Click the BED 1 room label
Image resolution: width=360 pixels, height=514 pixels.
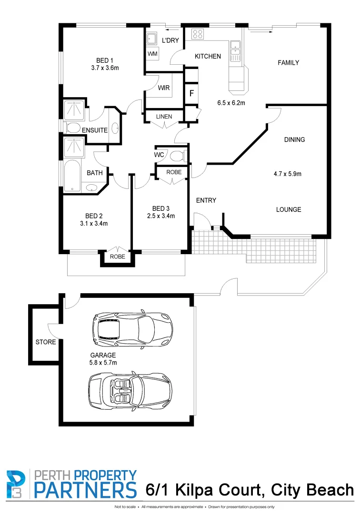click(x=104, y=60)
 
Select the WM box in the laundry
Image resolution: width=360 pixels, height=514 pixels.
click(x=152, y=54)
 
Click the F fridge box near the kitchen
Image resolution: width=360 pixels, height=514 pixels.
click(x=191, y=93)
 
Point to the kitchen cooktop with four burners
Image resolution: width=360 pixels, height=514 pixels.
click(x=197, y=34)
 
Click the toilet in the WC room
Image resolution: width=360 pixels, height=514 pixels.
click(x=178, y=156)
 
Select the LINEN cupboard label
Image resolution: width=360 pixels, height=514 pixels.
click(x=164, y=117)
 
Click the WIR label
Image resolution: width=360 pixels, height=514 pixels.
click(x=164, y=88)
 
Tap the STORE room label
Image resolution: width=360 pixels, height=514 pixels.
click(x=46, y=342)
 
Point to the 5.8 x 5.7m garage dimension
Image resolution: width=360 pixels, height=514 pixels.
click(x=103, y=363)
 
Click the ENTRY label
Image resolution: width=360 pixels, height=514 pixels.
click(x=206, y=200)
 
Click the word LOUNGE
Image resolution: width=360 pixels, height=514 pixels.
click(x=288, y=209)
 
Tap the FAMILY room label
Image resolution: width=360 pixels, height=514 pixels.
click(x=288, y=63)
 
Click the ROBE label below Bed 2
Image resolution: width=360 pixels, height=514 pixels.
click(x=118, y=257)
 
